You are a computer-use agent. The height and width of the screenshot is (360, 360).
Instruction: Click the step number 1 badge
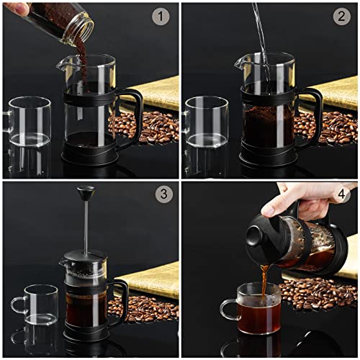tap(161, 16)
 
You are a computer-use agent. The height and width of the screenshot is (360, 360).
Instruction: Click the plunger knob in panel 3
tap(86, 192)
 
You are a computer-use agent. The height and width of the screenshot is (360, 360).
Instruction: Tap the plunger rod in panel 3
tap(86, 227)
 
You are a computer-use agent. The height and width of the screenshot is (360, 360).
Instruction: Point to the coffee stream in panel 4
tap(264, 277)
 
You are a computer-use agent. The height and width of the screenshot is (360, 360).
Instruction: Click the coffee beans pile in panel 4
tap(317, 292)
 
